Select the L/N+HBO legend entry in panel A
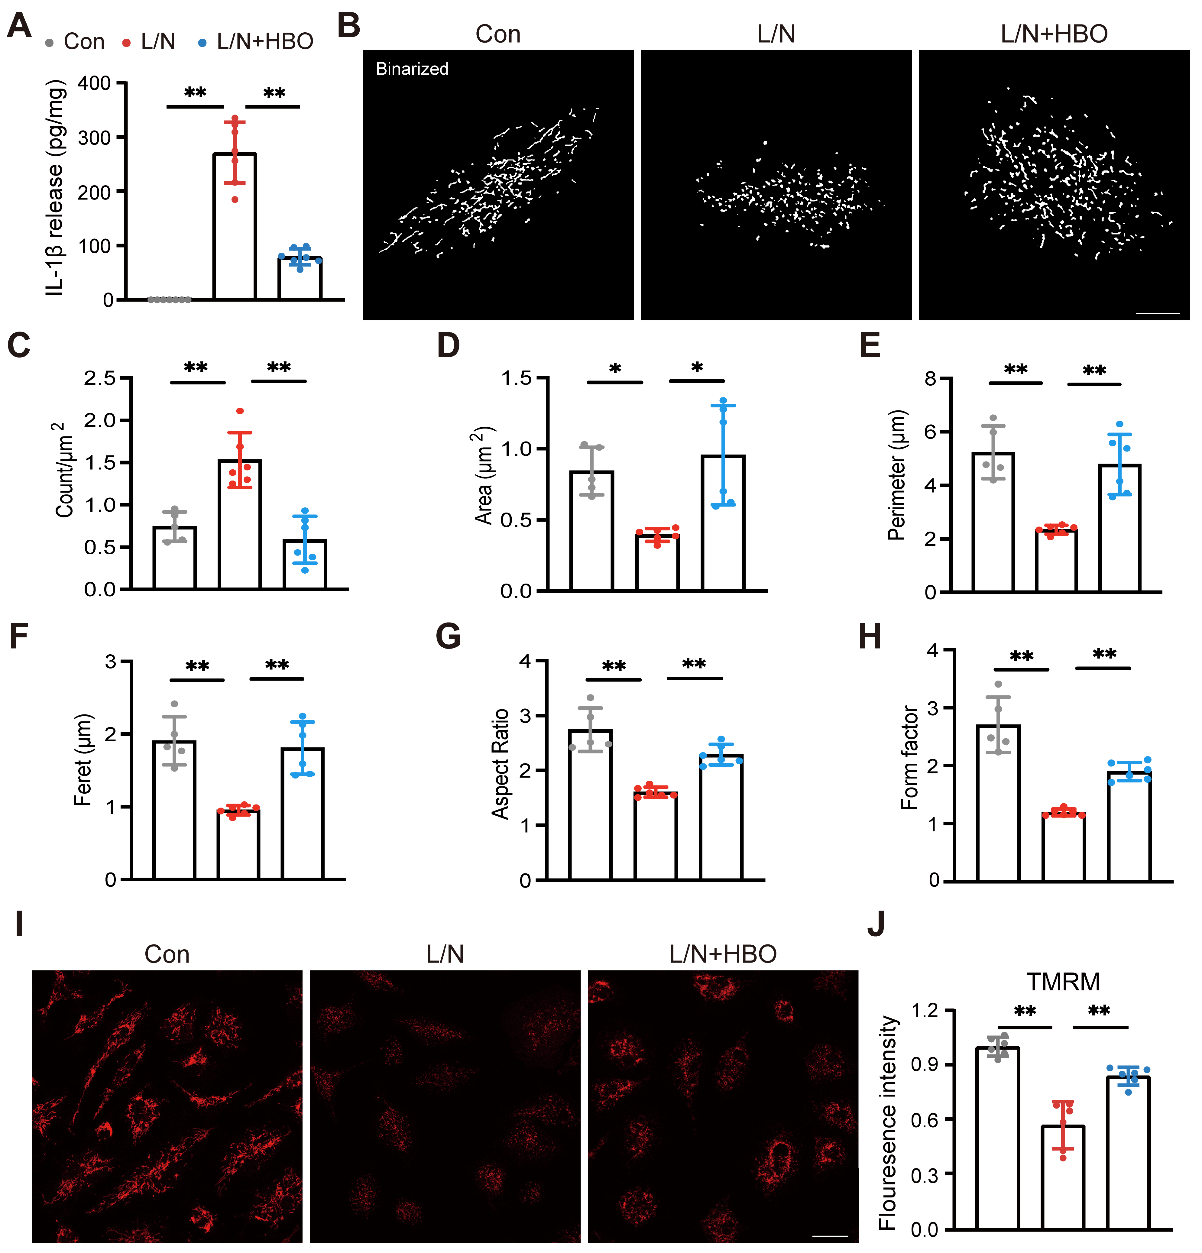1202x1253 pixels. [256, 41]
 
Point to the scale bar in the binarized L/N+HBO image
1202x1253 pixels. [1158, 313]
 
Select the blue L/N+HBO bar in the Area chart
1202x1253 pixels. [723, 522]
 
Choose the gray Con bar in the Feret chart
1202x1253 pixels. [175, 810]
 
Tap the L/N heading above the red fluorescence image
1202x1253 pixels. [445, 954]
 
